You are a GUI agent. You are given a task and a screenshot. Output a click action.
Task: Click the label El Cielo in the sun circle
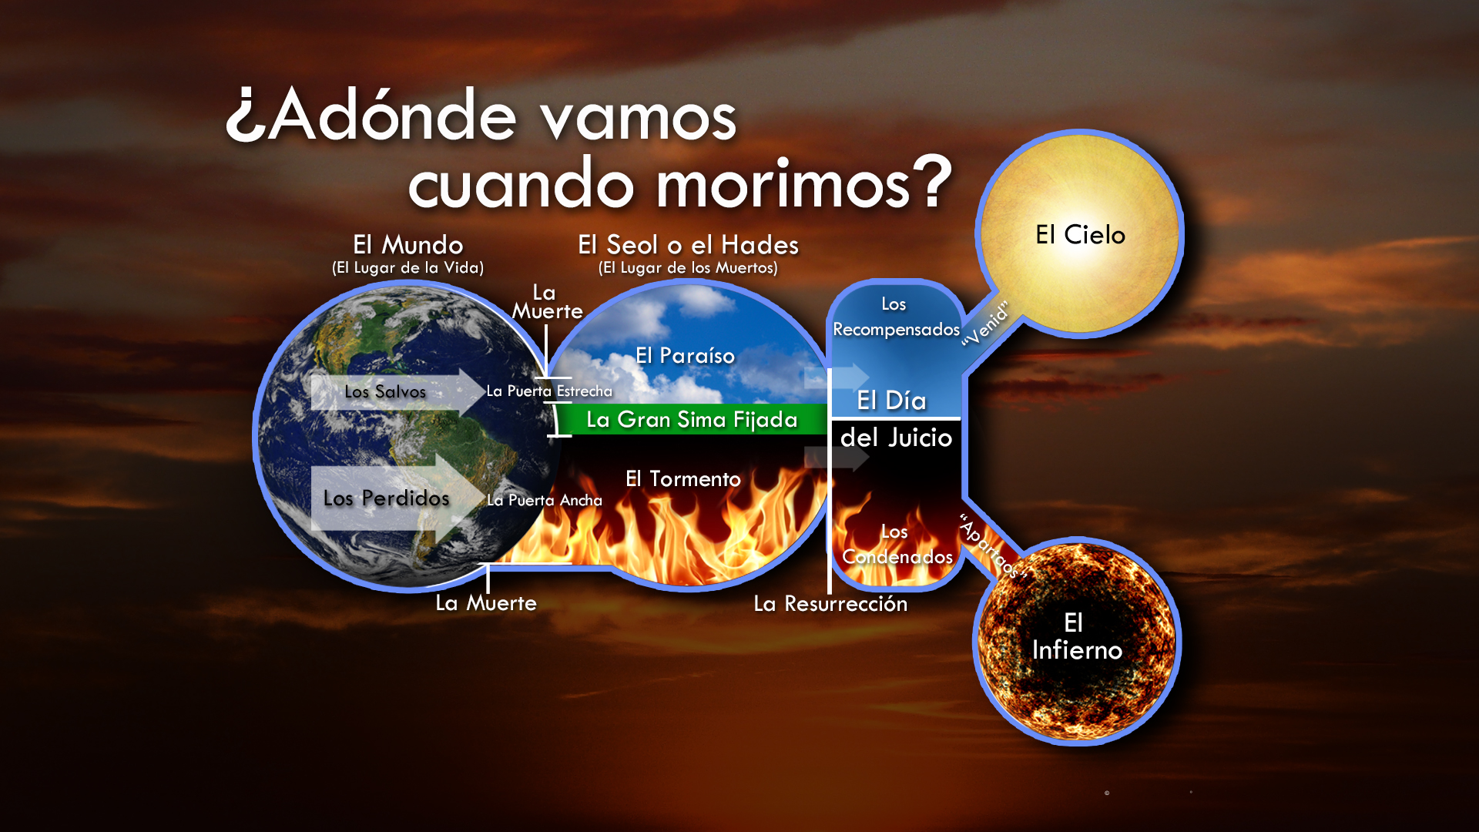click(x=1080, y=235)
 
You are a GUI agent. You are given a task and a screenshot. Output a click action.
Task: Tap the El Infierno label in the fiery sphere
click(x=1076, y=637)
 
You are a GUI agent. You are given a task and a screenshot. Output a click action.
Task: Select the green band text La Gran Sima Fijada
click(x=691, y=420)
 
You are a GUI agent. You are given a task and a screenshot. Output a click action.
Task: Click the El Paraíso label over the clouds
click(x=685, y=356)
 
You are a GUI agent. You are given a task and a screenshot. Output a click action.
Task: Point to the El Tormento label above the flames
click(x=682, y=479)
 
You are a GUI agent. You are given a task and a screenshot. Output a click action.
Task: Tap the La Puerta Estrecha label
click(x=549, y=391)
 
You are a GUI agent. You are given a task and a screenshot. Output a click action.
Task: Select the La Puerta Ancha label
click(x=545, y=501)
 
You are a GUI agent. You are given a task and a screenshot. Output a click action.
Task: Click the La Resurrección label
click(x=830, y=604)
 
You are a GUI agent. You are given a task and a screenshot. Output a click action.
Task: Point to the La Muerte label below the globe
click(x=485, y=603)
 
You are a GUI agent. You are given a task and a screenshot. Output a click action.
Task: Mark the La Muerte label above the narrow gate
click(x=547, y=303)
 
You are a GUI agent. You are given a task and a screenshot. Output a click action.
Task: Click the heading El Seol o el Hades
click(x=688, y=245)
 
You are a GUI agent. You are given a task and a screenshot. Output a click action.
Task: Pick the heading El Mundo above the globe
click(x=407, y=245)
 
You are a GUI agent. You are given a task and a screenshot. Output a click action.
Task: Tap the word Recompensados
click(x=896, y=330)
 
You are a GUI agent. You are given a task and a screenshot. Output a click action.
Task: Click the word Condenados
click(x=897, y=557)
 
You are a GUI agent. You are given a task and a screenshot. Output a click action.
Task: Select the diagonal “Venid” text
click(x=986, y=324)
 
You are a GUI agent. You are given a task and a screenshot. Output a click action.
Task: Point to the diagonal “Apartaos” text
click(x=993, y=546)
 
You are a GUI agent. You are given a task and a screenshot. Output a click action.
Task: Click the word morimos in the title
click(x=782, y=185)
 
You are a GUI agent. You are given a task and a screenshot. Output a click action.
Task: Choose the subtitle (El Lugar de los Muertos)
click(x=688, y=268)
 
